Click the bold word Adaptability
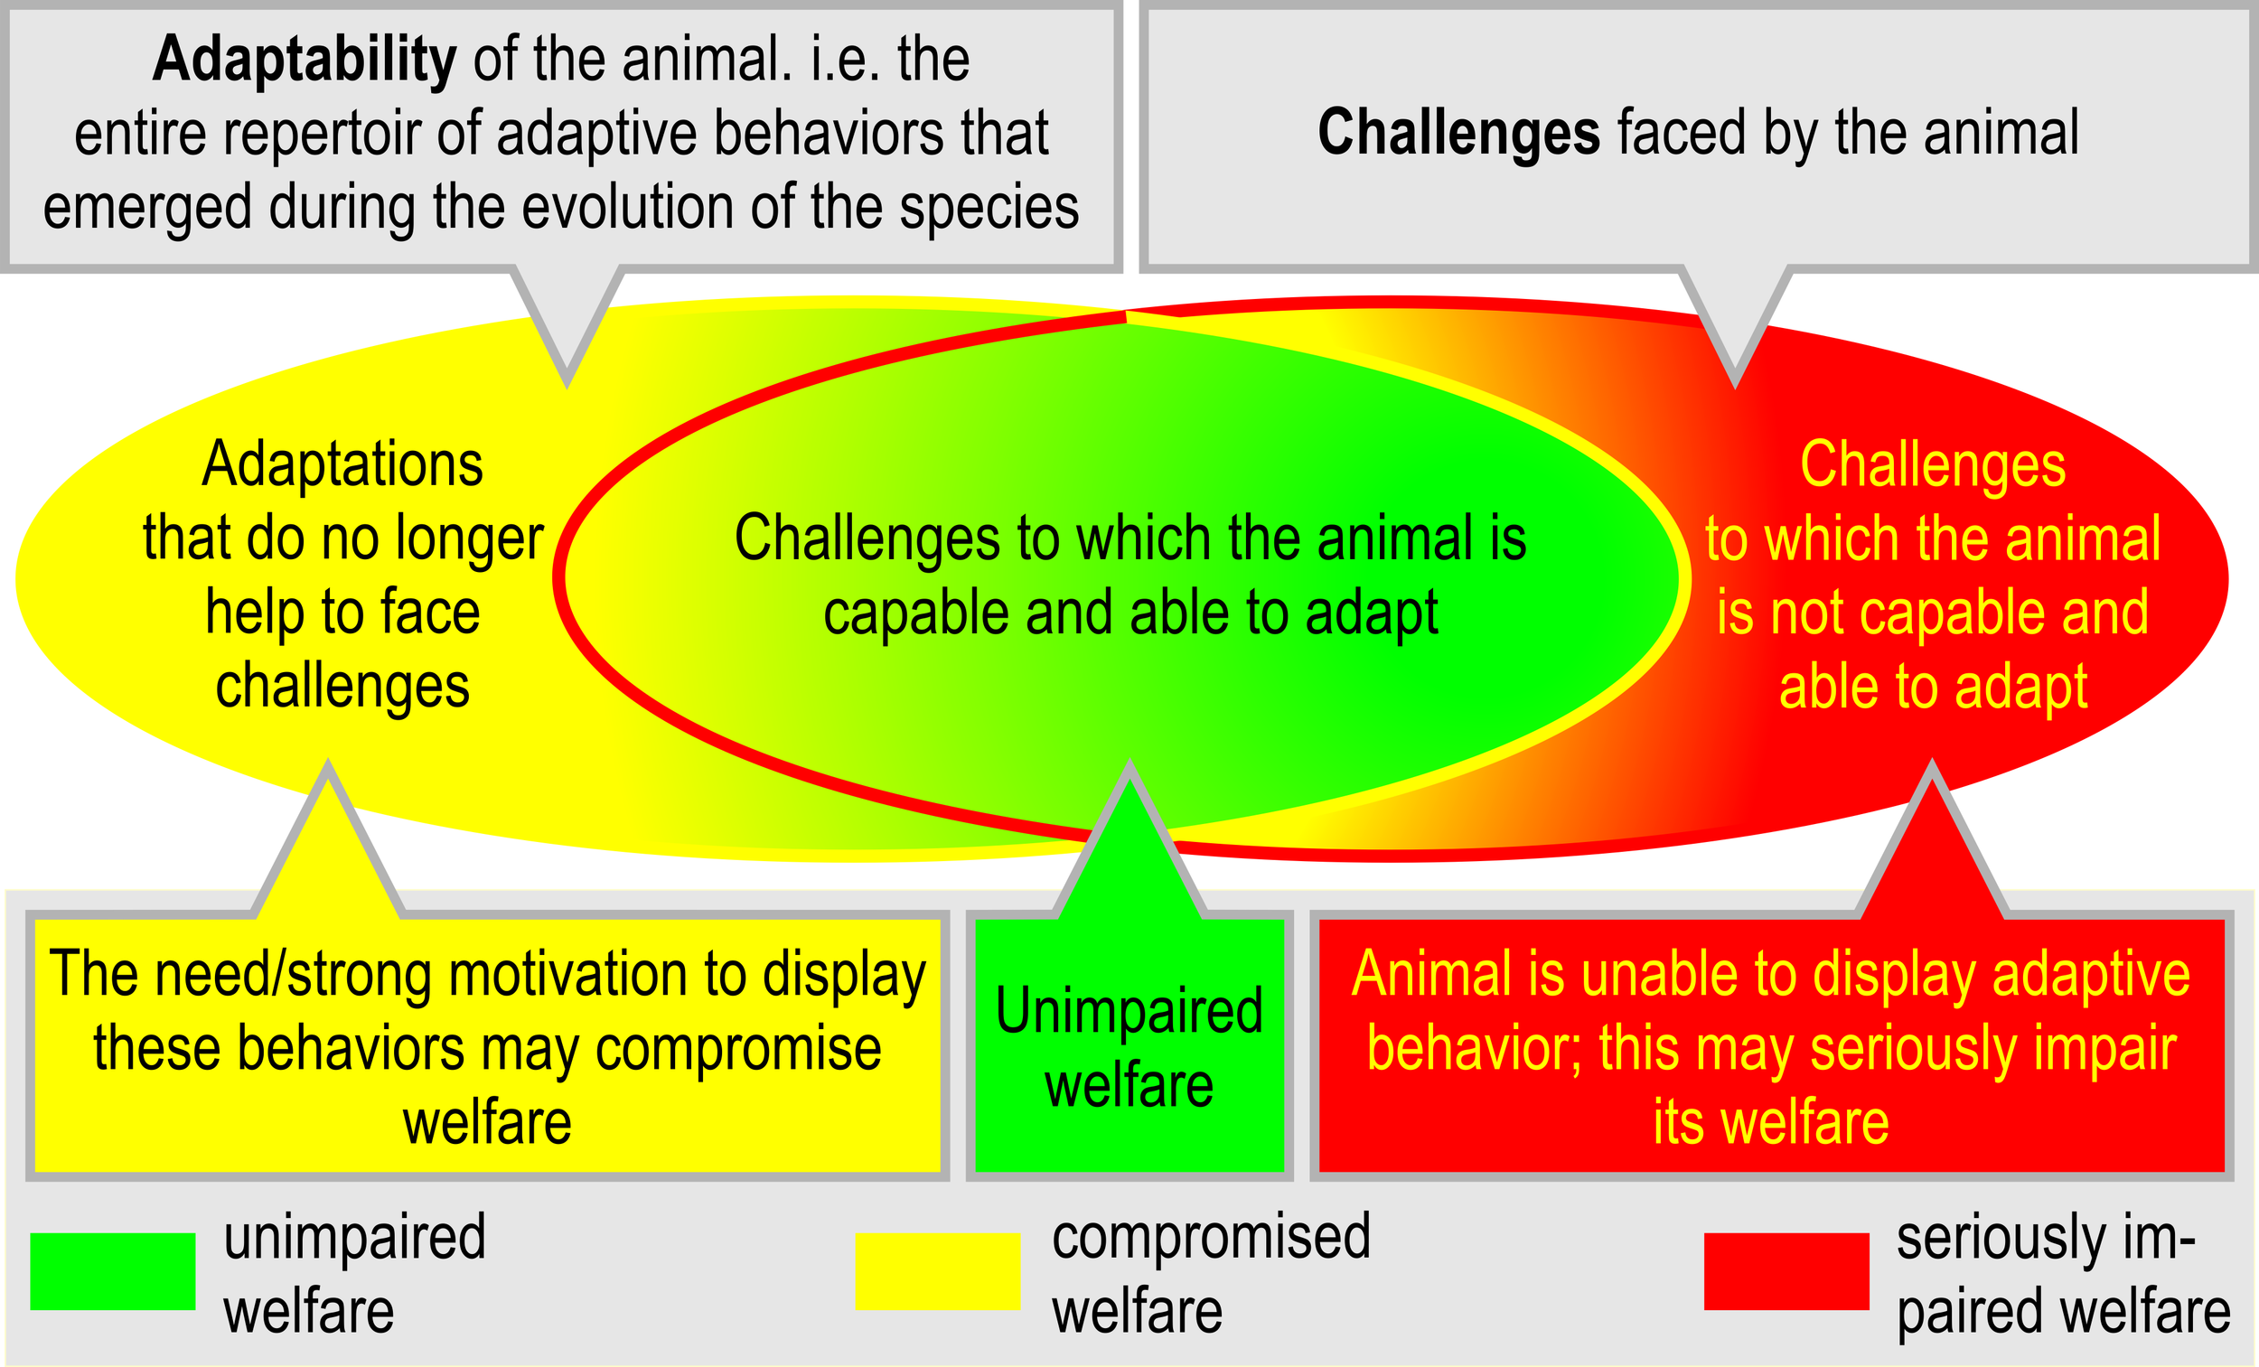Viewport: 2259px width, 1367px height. click(x=304, y=60)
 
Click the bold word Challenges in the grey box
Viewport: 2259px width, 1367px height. click(x=1458, y=133)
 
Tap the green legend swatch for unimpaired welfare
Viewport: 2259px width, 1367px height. click(x=113, y=1270)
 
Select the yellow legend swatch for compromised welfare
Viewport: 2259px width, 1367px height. click(x=937, y=1270)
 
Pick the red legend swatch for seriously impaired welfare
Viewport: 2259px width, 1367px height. click(x=1786, y=1270)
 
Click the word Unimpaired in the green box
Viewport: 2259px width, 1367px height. click(x=1129, y=1010)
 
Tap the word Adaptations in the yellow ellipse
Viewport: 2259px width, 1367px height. click(x=342, y=463)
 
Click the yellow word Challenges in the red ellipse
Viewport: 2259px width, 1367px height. click(x=1933, y=463)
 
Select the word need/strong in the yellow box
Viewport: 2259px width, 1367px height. click(x=291, y=974)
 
